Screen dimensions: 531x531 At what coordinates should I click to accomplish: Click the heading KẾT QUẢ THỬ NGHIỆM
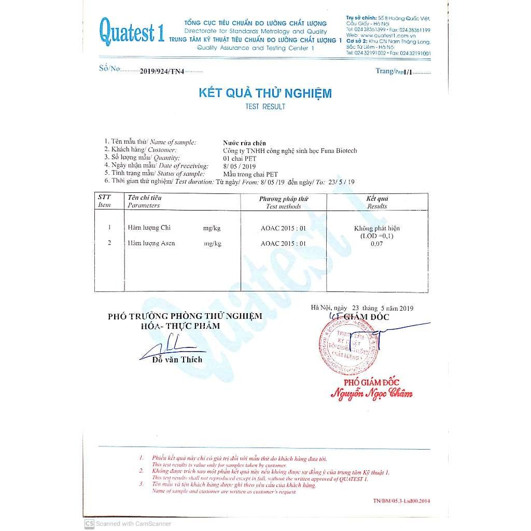click(x=265, y=93)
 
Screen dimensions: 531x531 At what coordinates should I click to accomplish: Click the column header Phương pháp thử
click(x=283, y=199)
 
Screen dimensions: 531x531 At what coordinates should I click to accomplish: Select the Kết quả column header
click(x=377, y=199)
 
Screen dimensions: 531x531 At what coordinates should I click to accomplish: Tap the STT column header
click(x=104, y=198)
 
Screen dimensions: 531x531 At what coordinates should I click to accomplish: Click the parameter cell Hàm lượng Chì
click(x=149, y=228)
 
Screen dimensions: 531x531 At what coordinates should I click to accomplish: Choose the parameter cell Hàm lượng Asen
click(x=151, y=243)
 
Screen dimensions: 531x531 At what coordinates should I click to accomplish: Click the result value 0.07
click(x=376, y=243)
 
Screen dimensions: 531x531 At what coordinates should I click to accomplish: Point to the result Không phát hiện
click(x=377, y=228)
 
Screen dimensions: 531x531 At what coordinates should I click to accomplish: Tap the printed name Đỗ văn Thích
click(x=177, y=359)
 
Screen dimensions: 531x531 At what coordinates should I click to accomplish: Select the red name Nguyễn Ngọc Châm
click(x=372, y=394)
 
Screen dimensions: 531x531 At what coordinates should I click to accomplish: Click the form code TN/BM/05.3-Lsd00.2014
click(x=401, y=500)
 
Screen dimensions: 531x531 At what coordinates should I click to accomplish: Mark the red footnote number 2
click(x=141, y=470)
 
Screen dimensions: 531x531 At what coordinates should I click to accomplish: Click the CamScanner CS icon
click(x=89, y=523)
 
